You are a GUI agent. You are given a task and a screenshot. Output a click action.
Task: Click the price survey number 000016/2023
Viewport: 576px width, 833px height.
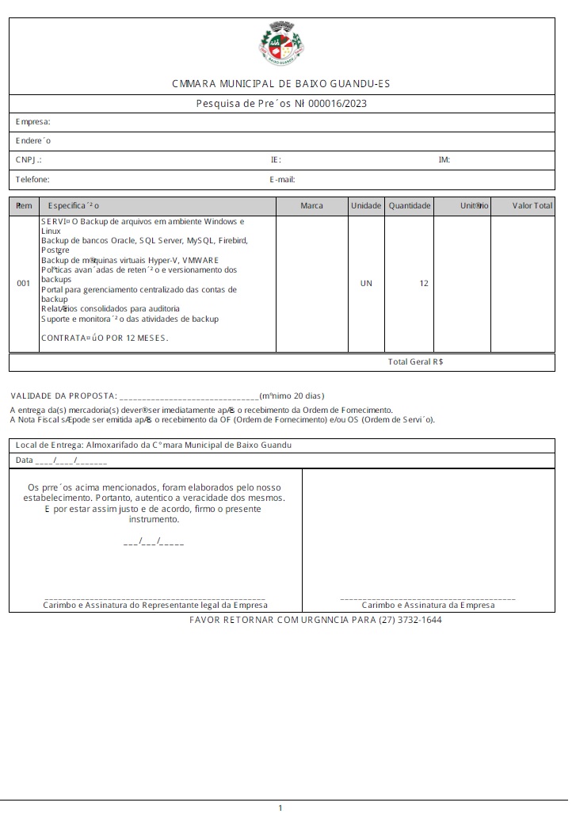337,104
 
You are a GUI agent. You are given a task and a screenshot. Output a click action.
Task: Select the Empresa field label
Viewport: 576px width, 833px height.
33,122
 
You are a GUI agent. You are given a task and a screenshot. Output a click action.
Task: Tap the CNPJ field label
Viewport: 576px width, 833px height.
29,160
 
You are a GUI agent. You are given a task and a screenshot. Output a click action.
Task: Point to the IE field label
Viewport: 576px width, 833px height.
275,160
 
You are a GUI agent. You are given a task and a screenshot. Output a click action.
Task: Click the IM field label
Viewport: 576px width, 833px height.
444,160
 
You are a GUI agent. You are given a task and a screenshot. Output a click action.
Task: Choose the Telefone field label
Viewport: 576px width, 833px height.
32,180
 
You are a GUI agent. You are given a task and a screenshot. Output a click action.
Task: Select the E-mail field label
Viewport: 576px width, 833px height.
282,180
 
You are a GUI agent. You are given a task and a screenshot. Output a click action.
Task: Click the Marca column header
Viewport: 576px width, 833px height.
312,206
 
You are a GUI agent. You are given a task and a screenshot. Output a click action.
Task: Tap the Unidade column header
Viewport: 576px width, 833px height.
366,206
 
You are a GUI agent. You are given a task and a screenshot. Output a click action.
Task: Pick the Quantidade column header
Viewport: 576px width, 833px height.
410,206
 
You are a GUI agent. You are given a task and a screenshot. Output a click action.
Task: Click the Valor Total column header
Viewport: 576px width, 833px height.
532,206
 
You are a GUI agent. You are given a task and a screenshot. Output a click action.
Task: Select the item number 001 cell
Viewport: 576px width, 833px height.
23,283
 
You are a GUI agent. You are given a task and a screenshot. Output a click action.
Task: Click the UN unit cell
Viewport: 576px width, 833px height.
366,283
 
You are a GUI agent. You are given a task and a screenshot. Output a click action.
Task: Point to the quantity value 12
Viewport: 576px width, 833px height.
424,283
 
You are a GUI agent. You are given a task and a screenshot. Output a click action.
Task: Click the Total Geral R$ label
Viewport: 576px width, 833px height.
415,361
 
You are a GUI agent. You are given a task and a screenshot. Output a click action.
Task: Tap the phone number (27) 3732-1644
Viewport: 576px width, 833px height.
410,620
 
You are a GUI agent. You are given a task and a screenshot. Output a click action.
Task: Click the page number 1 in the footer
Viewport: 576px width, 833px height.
280,808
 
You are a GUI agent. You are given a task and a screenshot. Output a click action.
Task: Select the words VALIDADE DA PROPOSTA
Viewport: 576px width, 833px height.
63,395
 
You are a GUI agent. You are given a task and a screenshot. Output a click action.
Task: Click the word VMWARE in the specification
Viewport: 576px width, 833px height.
200,260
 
